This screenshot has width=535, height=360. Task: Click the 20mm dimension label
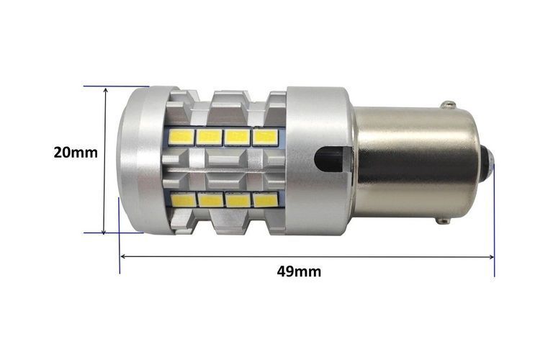76,152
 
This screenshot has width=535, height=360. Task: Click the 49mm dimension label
299,271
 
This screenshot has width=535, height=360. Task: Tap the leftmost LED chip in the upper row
181,138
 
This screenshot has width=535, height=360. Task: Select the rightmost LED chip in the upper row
266,137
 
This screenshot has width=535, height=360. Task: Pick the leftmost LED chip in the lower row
184,199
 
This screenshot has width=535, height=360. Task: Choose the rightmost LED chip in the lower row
266,199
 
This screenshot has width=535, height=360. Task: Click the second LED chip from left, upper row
209,138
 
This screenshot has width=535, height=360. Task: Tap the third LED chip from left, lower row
238,199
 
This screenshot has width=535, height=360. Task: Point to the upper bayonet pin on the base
448,104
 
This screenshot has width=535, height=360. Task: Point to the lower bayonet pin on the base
443,221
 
